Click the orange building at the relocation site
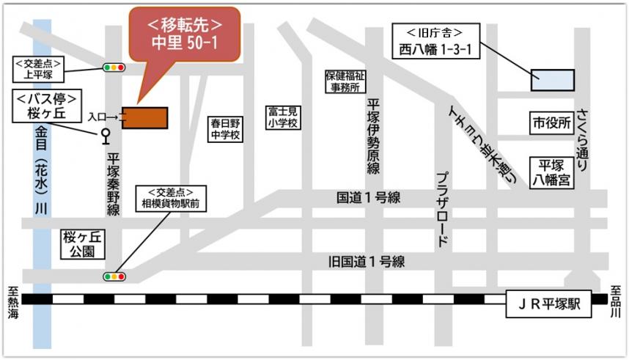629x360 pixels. pyautogui.click(x=145, y=117)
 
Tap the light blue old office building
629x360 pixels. pyautogui.click(x=552, y=79)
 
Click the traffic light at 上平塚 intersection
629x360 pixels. pyautogui.click(x=114, y=67)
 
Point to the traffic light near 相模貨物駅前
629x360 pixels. pyautogui.click(x=114, y=276)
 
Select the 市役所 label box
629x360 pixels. pyautogui.click(x=551, y=124)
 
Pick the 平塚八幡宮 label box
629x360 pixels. pyautogui.click(x=551, y=171)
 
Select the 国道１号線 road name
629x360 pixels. pyautogui.click(x=368, y=197)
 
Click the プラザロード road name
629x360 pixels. pyautogui.click(x=442, y=209)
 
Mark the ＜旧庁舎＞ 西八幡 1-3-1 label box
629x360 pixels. pyautogui.click(x=436, y=41)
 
